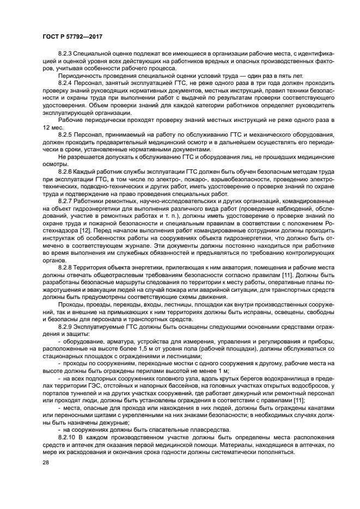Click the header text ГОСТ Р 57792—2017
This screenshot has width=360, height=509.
tap(72, 36)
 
